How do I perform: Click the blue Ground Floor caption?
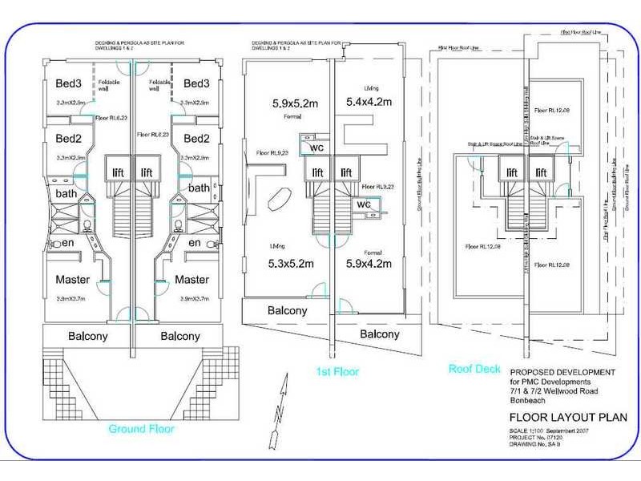coord(142,428)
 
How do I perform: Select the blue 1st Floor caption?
coord(339,372)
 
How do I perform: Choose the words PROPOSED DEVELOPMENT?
coord(562,371)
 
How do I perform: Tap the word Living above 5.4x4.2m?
coord(369,87)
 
